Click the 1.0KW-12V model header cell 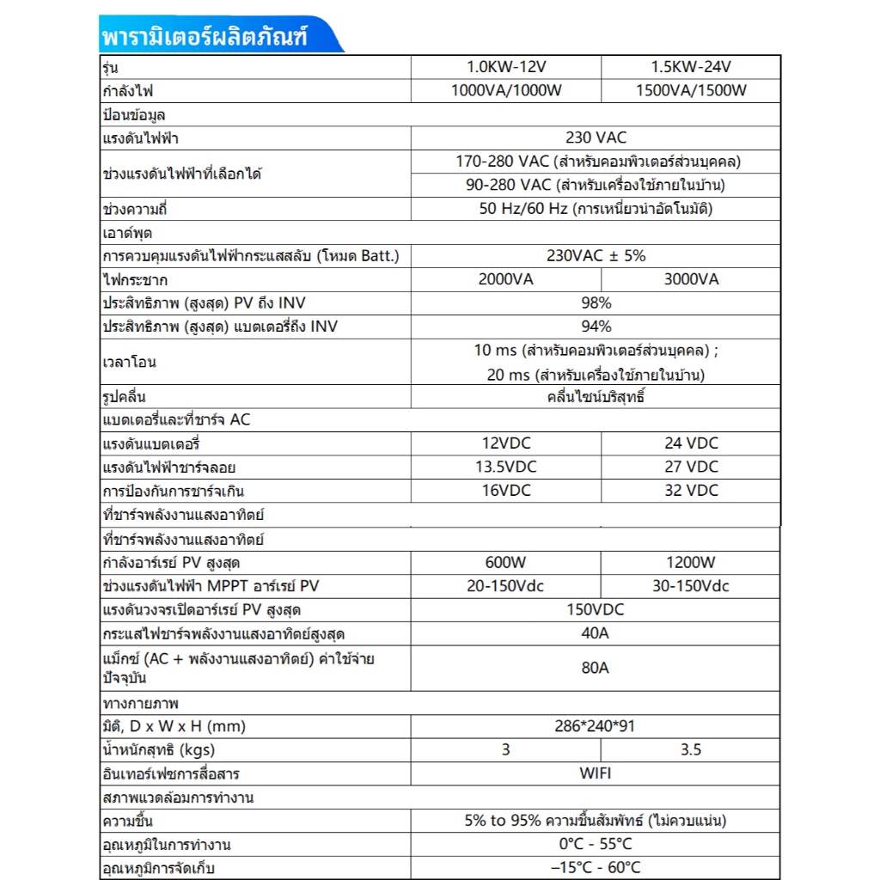505,67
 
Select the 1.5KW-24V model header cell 691,67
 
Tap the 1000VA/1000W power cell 505,91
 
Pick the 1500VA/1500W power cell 691,91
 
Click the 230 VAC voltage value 596,137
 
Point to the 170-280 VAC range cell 596,162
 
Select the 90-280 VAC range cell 596,185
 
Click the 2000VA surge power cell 505,279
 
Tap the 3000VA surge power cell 691,279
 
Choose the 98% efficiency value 596,302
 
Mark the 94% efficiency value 596,327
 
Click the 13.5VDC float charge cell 505,467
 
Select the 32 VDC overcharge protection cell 691,490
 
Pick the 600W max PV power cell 505,563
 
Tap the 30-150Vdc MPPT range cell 691,586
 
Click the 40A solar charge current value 596,633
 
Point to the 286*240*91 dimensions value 596,726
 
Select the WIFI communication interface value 596,773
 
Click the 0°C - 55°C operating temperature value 596,844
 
